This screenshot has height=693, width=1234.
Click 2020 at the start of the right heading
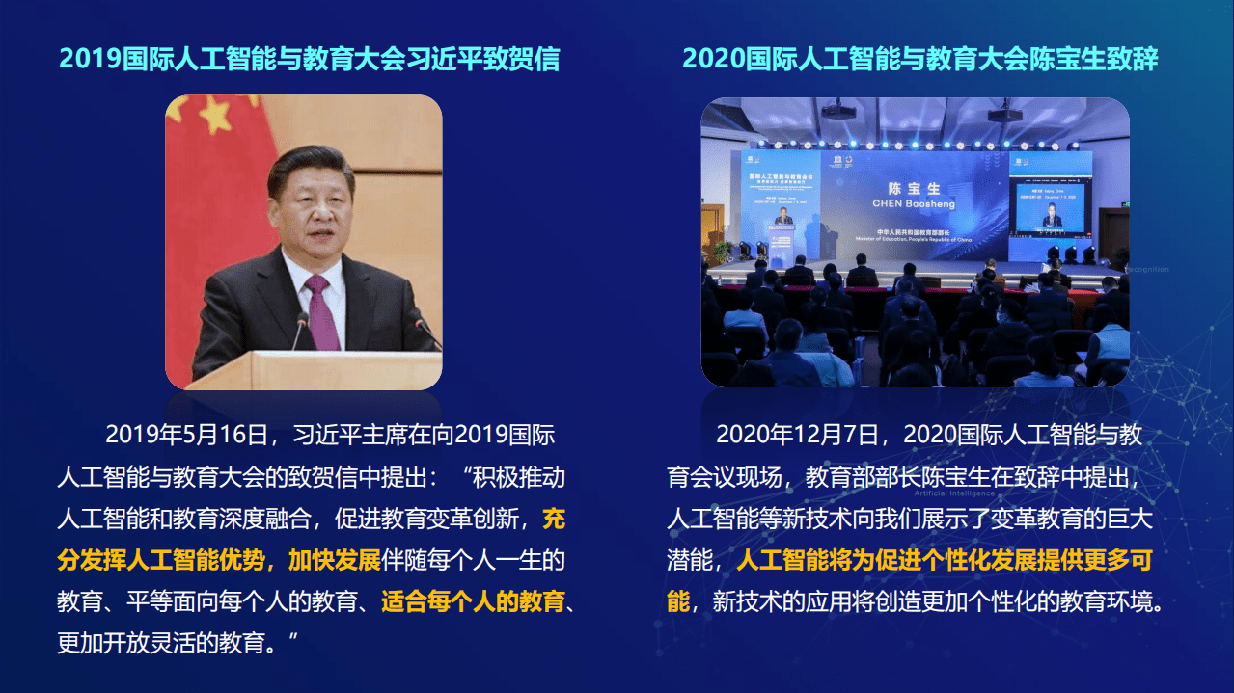[x=707, y=59]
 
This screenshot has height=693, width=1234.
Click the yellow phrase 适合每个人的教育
[x=473, y=603]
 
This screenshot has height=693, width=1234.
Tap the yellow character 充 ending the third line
[x=554, y=520]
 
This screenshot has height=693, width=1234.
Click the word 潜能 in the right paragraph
[x=689, y=561]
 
